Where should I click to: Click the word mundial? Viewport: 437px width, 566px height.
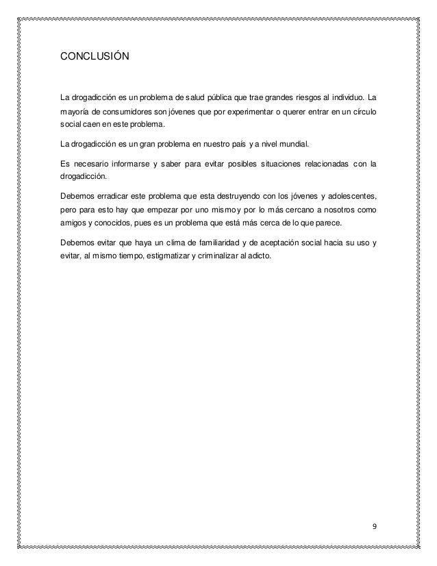tap(291, 145)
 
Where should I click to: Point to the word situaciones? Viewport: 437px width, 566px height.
tap(275, 162)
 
